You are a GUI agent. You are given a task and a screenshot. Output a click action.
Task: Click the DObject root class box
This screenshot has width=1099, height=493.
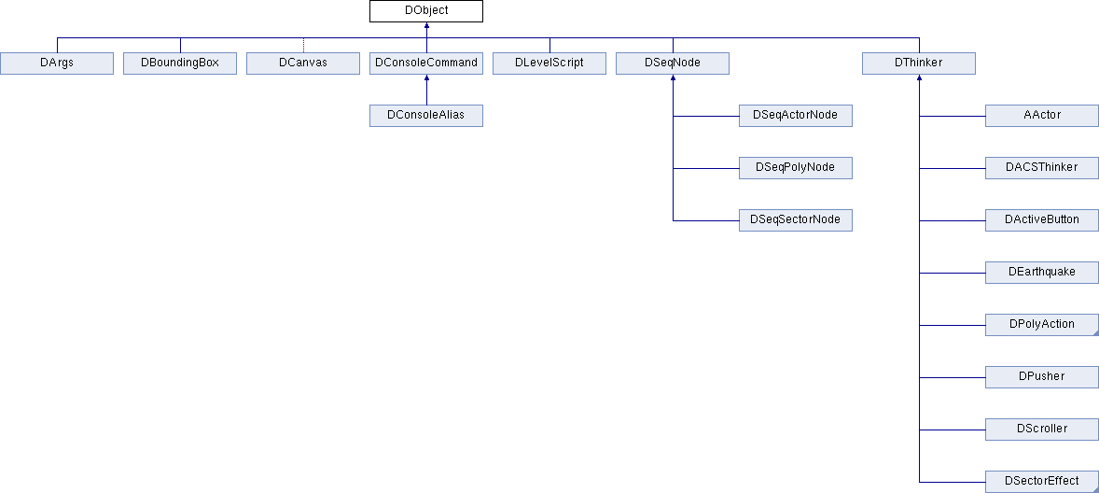tap(426, 11)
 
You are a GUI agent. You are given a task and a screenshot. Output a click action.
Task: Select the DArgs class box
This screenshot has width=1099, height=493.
tap(57, 63)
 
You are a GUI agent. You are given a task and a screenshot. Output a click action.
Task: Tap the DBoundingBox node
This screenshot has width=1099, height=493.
tap(180, 63)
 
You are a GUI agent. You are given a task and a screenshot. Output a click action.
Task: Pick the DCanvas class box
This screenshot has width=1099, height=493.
tap(303, 63)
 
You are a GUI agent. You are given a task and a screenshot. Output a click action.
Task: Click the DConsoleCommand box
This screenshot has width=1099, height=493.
tap(426, 63)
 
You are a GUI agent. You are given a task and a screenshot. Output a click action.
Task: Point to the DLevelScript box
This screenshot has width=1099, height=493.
tap(549, 63)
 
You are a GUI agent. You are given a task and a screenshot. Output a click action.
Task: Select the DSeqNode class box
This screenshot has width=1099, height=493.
tap(673, 63)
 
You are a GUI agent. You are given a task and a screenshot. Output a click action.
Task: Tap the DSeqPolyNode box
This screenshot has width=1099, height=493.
tap(796, 168)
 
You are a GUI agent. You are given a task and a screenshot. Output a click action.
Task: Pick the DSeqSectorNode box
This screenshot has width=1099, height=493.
tap(796, 220)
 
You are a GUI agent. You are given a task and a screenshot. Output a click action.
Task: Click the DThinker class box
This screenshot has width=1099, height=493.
tap(919, 63)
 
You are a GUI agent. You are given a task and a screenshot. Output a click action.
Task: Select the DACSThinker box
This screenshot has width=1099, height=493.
tap(1042, 168)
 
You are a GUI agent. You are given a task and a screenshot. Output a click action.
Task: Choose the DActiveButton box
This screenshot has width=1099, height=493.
tap(1042, 220)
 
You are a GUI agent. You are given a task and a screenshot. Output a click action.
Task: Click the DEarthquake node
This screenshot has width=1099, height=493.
tap(1042, 273)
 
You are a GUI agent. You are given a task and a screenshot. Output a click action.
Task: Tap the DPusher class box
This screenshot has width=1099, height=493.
tap(1042, 377)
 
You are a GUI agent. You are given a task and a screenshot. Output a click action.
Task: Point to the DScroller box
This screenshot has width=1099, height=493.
tap(1042, 430)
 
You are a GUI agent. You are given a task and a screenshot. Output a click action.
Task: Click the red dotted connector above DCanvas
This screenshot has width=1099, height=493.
tap(303, 45)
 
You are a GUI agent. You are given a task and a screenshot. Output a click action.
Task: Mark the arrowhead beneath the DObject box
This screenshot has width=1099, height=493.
tap(426, 26)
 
